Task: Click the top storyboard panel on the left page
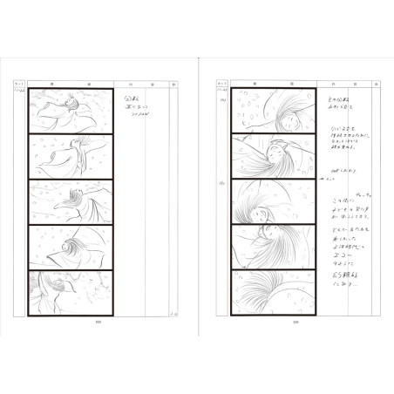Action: point(71,111)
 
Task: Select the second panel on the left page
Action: point(71,156)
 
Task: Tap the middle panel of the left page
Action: point(71,202)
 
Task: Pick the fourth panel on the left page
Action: point(71,248)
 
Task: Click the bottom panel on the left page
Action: point(71,293)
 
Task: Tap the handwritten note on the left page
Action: point(138,106)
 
